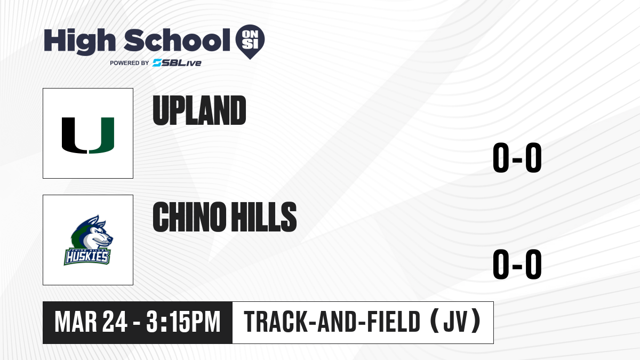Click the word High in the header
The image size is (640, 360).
pyautogui.click(x=79, y=42)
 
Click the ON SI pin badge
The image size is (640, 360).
pyautogui.click(x=250, y=42)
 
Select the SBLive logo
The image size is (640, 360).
pyautogui.click(x=177, y=62)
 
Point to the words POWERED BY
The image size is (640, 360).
pyautogui.click(x=130, y=63)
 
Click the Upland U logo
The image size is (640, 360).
pyautogui.click(x=88, y=135)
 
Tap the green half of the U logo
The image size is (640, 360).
pyautogui.click(x=102, y=135)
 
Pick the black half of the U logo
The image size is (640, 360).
pyautogui.click(x=74, y=135)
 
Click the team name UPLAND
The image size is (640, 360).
pyautogui.click(x=199, y=110)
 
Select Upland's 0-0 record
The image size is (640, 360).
pyautogui.click(x=517, y=157)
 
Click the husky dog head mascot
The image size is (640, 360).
pyautogui.click(x=91, y=232)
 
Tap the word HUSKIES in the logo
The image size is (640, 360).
pyautogui.click(x=87, y=257)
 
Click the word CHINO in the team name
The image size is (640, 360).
pyautogui.click(x=189, y=217)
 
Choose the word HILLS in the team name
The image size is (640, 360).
pyautogui.click(x=263, y=217)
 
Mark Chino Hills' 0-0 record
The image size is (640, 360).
pyautogui.click(x=517, y=264)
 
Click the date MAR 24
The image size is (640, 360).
pyautogui.click(x=91, y=322)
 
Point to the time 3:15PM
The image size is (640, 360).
pyautogui.click(x=183, y=322)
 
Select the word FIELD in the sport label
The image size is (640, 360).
pyautogui.click(x=394, y=322)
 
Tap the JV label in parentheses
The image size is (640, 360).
pyautogui.click(x=455, y=322)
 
